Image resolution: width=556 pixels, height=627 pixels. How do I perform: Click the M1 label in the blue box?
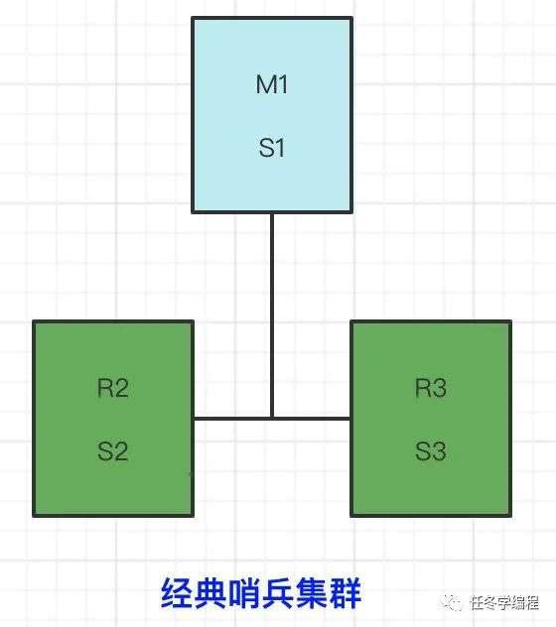pos(272,84)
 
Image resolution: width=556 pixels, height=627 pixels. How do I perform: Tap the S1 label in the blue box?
pos(272,148)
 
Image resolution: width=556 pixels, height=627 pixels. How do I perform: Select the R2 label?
pos(113,388)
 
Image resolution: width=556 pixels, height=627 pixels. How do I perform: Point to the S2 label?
pos(113,451)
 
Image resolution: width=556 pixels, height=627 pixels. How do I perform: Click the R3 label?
pos(431,388)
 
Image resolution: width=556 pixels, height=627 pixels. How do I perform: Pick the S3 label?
pos(431,451)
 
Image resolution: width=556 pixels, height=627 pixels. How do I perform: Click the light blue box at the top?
pos(272,115)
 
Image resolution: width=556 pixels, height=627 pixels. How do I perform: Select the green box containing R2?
pos(113,419)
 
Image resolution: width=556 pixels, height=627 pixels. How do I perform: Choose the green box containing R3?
pos(431,419)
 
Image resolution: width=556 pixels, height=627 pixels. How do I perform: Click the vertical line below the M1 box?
pos(272,315)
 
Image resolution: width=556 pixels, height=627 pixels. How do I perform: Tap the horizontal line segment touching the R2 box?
pos(232,419)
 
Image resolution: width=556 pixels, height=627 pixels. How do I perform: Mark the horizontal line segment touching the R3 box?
pos(312,419)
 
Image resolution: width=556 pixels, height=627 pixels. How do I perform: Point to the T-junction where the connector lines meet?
pos(272,419)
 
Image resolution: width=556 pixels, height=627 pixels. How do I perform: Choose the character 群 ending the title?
pos(345,593)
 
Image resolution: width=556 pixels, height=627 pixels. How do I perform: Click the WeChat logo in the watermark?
pos(451,602)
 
